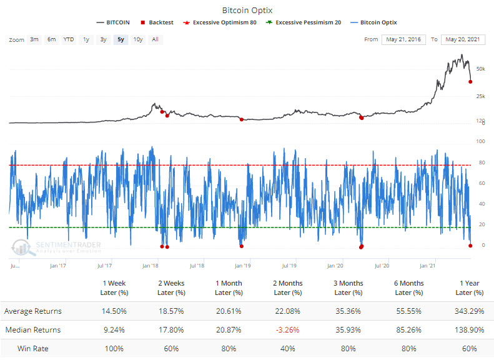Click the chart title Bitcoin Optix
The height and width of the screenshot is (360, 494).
[x=247, y=10]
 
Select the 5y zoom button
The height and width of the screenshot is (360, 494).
[x=121, y=39]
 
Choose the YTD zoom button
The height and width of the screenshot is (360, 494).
[x=69, y=39]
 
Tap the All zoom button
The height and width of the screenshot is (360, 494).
[x=155, y=39]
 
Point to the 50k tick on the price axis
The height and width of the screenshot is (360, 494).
[x=481, y=68]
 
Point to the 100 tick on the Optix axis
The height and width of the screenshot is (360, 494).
[x=481, y=142]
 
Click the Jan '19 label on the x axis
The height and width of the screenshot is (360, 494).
[x=244, y=266]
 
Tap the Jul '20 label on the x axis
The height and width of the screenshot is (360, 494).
[x=382, y=266]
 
